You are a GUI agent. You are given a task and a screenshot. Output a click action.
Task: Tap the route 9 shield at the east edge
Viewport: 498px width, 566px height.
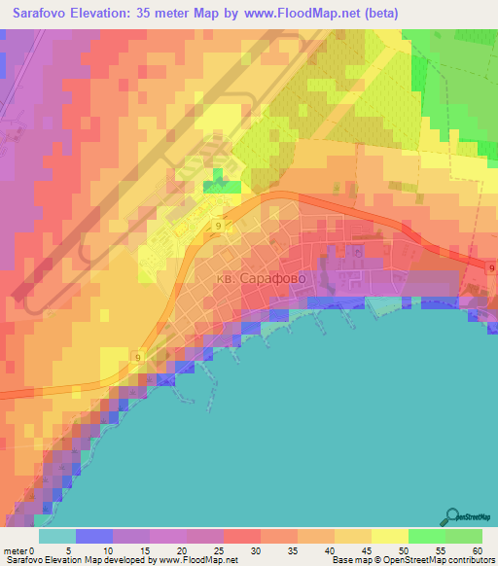tap(492, 268)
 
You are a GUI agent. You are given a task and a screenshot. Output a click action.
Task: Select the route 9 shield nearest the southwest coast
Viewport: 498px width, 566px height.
tap(138, 358)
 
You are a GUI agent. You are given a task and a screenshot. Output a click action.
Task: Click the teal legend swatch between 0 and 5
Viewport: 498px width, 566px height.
tap(56, 536)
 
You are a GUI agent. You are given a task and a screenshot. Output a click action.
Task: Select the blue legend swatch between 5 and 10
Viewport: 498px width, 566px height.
tap(93, 536)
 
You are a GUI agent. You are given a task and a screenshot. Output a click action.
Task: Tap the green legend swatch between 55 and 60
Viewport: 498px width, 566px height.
tap(462, 536)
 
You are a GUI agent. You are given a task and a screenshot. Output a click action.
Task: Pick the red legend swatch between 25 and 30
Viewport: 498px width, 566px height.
tap(241, 536)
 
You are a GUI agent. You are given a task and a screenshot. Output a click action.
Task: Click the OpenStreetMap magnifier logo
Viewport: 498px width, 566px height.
tap(453, 515)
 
